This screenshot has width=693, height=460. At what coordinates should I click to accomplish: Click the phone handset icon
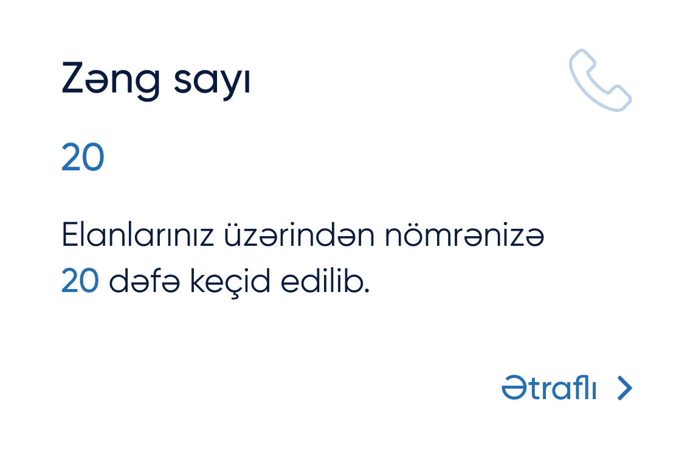600,80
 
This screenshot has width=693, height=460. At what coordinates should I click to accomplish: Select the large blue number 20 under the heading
83,157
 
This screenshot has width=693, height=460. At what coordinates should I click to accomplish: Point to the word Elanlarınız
137,234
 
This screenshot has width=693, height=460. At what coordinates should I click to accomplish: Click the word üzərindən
299,234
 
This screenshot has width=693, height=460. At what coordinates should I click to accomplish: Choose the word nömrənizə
464,234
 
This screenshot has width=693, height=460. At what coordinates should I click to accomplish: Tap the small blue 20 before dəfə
80,281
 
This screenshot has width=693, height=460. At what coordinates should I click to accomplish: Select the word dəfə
144,281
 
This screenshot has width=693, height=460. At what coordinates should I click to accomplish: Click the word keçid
230,282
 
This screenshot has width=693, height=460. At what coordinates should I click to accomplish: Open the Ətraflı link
549,387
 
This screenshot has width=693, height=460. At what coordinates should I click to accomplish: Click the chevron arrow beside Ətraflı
624,388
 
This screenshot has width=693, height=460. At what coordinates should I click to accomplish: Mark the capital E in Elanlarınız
70,234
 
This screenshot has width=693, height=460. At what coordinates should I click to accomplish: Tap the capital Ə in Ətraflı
514,387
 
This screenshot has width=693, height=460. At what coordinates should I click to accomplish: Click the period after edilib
367,291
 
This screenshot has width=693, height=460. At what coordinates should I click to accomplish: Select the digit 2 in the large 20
71,157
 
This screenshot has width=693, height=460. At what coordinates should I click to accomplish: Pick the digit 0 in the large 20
93,157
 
